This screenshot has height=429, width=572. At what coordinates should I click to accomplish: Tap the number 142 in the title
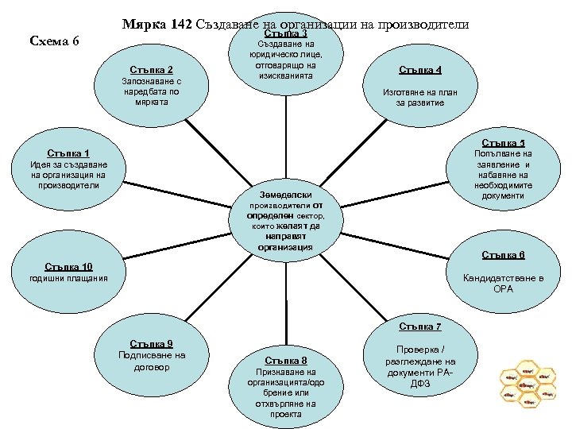click(181, 24)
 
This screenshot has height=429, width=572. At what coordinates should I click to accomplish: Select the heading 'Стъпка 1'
click(68, 153)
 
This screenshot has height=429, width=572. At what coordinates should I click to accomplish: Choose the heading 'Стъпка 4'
click(421, 69)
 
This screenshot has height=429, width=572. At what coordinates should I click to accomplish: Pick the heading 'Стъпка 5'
click(503, 143)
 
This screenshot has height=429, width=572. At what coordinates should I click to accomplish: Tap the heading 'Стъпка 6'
click(503, 255)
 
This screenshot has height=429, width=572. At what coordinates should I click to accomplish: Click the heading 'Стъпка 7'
click(420, 326)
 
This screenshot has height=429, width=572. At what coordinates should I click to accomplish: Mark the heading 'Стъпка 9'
click(151, 343)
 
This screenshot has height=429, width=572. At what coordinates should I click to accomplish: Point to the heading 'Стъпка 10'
click(69, 266)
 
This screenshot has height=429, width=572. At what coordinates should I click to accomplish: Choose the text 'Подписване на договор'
click(151, 361)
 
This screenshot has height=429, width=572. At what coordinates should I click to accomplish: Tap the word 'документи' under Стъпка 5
click(503, 195)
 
